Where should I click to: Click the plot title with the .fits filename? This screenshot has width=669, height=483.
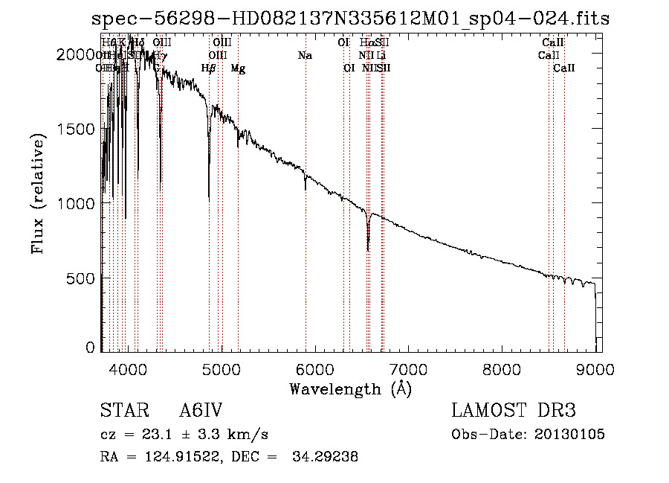pos(350,19)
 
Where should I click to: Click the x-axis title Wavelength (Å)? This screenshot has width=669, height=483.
pos(350,388)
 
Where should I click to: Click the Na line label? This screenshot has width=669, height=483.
pos(305,56)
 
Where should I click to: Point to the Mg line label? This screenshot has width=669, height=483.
pos(238,68)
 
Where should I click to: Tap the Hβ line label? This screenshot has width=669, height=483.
pos(209,68)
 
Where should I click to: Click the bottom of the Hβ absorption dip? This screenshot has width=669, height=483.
pos(209,199)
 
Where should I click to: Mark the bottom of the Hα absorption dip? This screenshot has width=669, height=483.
pos(368,250)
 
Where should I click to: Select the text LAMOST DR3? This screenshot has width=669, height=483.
pos(513,412)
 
